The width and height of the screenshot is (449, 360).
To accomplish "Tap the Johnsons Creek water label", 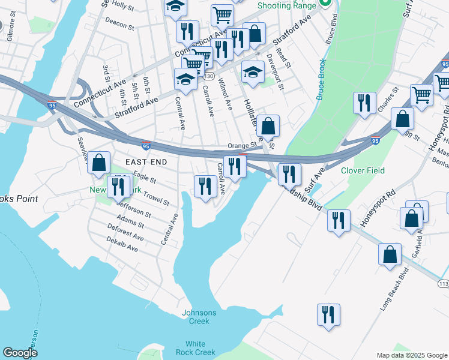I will pos(195,317).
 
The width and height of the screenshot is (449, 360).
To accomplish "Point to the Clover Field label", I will pos(363,170).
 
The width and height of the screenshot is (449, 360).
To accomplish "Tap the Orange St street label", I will pos(242,145).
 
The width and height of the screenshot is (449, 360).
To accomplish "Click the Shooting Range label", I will pos(286,5).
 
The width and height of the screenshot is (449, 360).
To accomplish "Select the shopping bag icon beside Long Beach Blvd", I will pos(390,254).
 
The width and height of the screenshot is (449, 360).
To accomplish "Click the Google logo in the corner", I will pos(20,353).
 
